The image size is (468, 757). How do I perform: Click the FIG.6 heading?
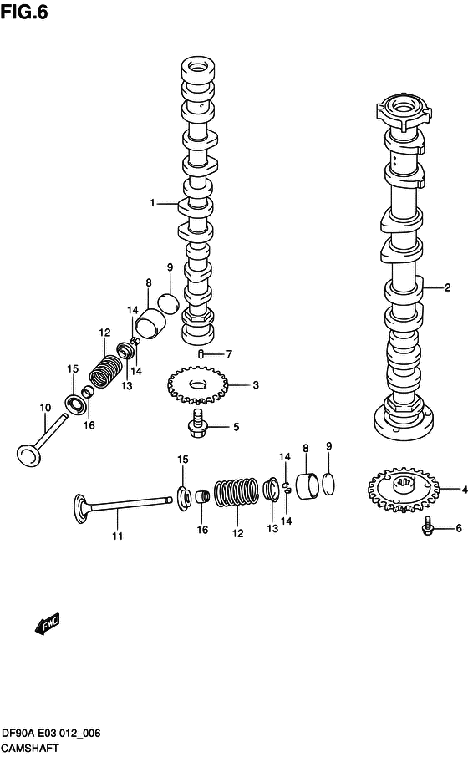click(24, 12)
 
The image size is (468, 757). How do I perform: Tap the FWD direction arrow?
click(48, 623)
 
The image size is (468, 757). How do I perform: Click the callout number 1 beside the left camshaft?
click(152, 203)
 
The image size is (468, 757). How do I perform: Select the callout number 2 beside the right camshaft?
click(447, 287)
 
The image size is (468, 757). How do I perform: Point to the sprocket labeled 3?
click(197, 385)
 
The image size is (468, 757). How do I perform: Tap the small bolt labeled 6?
click(427, 526)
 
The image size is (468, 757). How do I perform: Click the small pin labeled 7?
click(201, 355)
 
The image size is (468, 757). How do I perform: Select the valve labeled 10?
click(41, 441)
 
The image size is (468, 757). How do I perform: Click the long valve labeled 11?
click(123, 506)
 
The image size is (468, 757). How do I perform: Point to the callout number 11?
click(117, 536)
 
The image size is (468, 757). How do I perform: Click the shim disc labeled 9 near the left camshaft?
click(168, 302)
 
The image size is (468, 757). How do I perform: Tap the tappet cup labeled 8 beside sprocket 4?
click(308, 486)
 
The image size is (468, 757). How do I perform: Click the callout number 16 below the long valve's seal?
click(202, 530)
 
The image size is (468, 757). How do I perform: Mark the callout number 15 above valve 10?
click(73, 368)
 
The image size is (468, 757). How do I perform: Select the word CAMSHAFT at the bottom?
click(30, 749)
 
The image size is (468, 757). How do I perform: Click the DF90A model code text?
click(18, 734)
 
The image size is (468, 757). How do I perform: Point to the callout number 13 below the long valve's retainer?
click(272, 529)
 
